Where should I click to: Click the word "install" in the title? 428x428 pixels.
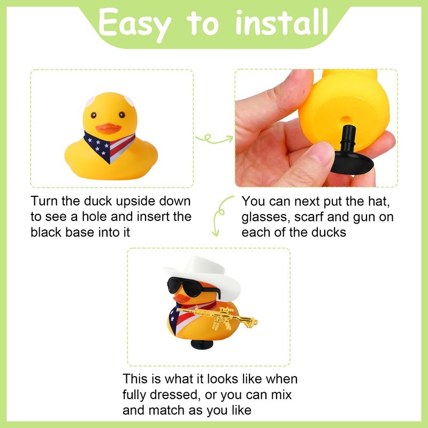point(281,22)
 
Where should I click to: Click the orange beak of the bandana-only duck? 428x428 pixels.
point(109,128)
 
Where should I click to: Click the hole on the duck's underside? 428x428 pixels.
point(346,119)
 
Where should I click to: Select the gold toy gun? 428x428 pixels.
point(218,317)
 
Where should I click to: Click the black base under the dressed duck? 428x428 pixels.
point(202,344)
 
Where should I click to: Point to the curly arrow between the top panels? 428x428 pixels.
point(213,139)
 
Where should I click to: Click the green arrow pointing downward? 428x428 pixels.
point(220,215)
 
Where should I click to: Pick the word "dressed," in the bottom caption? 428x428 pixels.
point(175,395)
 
